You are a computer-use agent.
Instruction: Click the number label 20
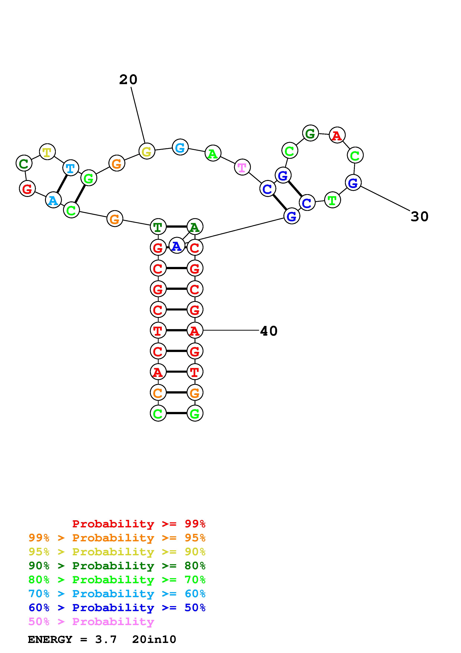[128, 80]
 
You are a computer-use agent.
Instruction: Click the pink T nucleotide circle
[242, 167]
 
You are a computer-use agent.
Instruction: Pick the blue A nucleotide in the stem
[177, 246]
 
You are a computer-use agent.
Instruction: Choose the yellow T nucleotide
[47, 152]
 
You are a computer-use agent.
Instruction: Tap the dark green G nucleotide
[310, 133]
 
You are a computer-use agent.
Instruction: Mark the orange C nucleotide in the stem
[158, 393]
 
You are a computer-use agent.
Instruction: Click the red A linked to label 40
[195, 330]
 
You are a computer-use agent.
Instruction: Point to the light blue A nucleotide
[53, 200]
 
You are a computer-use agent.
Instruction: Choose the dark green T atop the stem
[158, 227]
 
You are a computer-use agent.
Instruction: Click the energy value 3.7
[106, 639]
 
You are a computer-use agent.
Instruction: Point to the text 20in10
[154, 639]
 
